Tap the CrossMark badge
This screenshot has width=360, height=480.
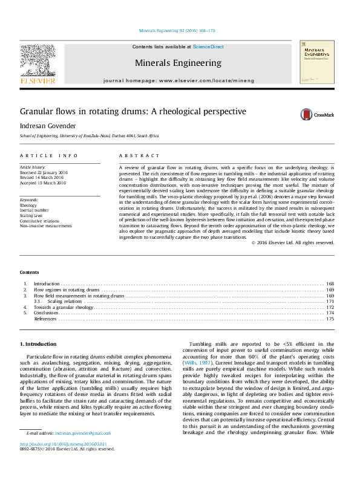coord(315,114)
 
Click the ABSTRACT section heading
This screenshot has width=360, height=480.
coord(140,156)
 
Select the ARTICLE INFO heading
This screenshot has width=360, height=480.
coord(49,156)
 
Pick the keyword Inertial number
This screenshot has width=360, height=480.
coord(36,210)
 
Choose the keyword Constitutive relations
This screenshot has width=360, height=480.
coord(40,221)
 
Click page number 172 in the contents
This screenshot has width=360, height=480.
coord(330,307)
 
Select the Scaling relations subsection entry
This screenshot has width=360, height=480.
coord(65,301)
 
